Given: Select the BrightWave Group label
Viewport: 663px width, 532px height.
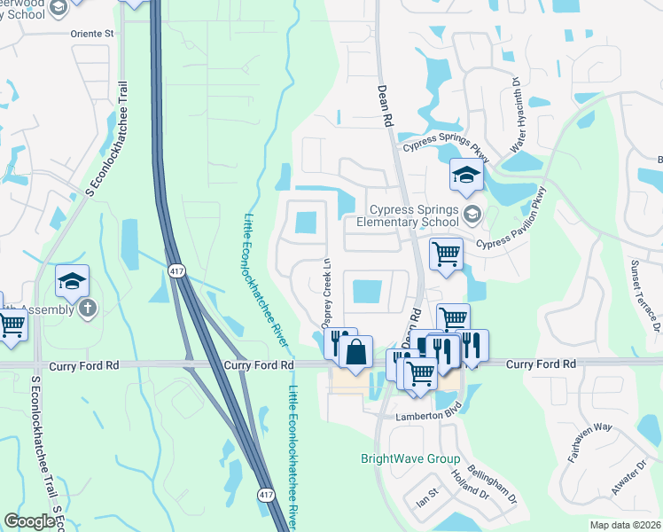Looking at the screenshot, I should click(x=409, y=459).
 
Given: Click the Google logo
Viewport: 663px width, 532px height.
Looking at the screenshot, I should click(x=30, y=520).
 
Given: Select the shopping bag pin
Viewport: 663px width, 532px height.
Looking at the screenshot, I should click(x=355, y=352).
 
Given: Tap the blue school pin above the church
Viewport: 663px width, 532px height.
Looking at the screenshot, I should click(x=73, y=282).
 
